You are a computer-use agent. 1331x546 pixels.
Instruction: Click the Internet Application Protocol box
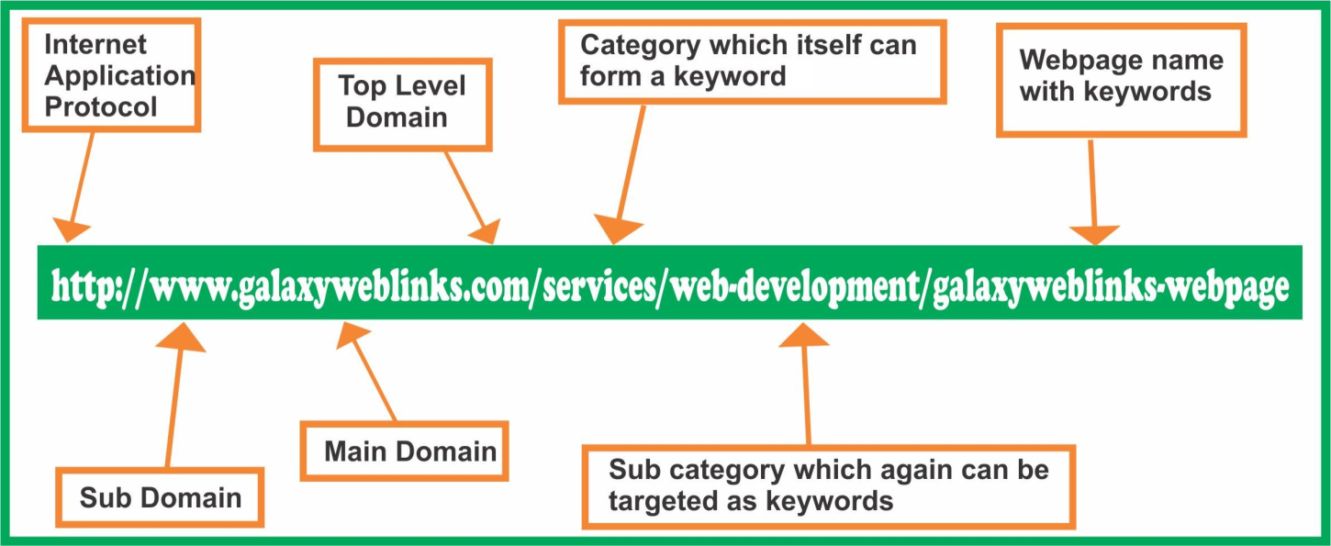[120, 75]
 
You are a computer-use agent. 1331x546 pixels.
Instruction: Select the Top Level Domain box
[402, 102]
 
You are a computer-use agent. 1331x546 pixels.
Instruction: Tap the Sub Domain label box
[161, 498]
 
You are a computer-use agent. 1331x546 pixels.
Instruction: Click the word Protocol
[101, 106]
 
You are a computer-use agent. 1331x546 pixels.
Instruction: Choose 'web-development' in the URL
[794, 287]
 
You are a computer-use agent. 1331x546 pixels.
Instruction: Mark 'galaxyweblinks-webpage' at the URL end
[1110, 287]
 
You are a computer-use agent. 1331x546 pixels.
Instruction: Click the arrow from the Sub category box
[806, 385]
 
